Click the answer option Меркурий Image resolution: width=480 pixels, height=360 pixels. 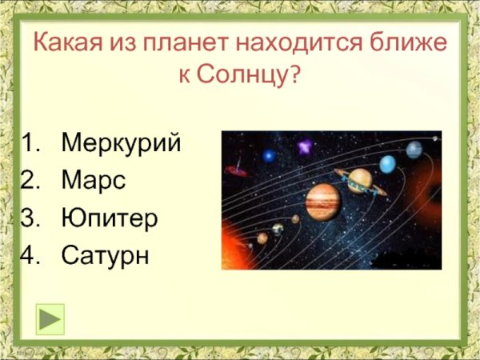[121, 144]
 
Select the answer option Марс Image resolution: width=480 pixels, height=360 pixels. [94, 181]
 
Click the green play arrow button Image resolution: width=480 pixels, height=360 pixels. [50, 318]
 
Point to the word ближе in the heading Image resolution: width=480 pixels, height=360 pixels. [413, 42]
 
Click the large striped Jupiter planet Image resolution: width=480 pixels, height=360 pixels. [322, 201]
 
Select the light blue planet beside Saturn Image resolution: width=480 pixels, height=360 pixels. [387, 164]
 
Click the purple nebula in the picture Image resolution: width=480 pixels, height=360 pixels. [304, 147]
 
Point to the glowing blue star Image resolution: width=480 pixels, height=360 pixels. [269, 155]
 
